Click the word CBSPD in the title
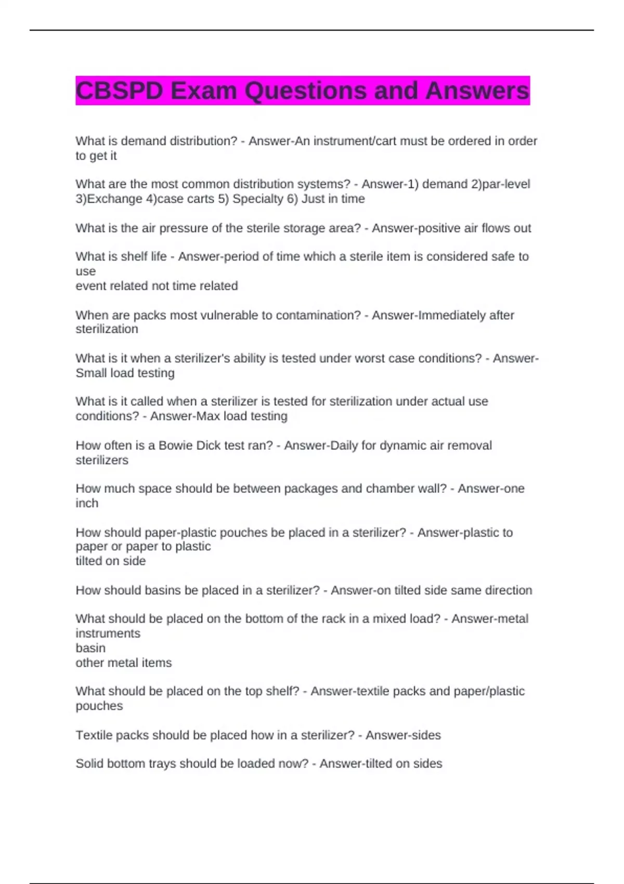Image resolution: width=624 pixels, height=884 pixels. tap(120, 91)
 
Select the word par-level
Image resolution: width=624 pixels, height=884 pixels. tap(506, 184)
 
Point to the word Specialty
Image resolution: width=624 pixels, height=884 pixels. tap(257, 199)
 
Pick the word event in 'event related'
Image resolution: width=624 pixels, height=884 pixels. tap(90, 286)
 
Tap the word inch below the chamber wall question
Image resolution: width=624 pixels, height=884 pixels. tap(87, 503)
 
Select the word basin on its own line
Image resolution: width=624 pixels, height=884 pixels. tap(90, 648)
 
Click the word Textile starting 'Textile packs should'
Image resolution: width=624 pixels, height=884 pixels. tap(94, 735)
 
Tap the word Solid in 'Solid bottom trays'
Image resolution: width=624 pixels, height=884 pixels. tap(89, 764)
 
